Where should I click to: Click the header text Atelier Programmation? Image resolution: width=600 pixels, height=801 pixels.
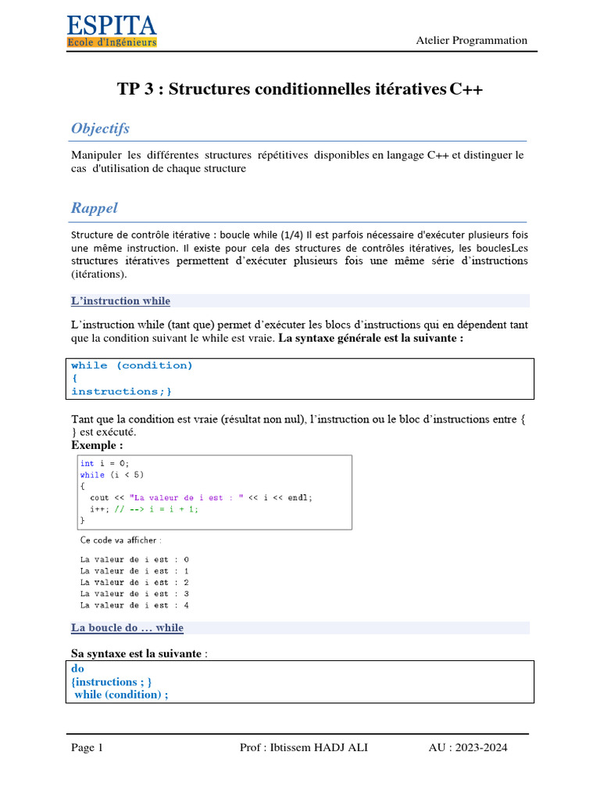(471, 41)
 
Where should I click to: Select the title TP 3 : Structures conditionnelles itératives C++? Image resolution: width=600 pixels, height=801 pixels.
(300, 89)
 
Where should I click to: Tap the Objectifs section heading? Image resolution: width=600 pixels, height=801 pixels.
(100, 128)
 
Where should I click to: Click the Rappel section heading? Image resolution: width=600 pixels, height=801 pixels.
(94, 208)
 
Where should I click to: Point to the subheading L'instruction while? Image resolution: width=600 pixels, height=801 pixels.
(120, 301)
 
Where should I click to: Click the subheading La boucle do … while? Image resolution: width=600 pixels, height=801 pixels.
(127, 628)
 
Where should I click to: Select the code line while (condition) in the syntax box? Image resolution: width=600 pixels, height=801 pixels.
(131, 365)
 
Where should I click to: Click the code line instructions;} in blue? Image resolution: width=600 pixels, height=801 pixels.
(121, 391)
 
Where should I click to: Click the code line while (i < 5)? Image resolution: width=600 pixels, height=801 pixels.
(112, 475)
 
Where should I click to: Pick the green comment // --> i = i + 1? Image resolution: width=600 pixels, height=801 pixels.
(156, 508)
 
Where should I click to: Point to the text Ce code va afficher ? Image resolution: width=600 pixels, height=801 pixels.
(121, 540)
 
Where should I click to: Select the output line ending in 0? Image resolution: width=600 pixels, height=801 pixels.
(134, 559)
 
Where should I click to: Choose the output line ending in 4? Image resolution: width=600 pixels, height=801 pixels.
(134, 605)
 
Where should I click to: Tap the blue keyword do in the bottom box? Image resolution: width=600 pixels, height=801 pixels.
(77, 669)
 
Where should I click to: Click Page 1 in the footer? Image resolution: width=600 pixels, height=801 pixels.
(87, 748)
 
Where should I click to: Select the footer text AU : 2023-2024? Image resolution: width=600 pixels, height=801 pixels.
(467, 748)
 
